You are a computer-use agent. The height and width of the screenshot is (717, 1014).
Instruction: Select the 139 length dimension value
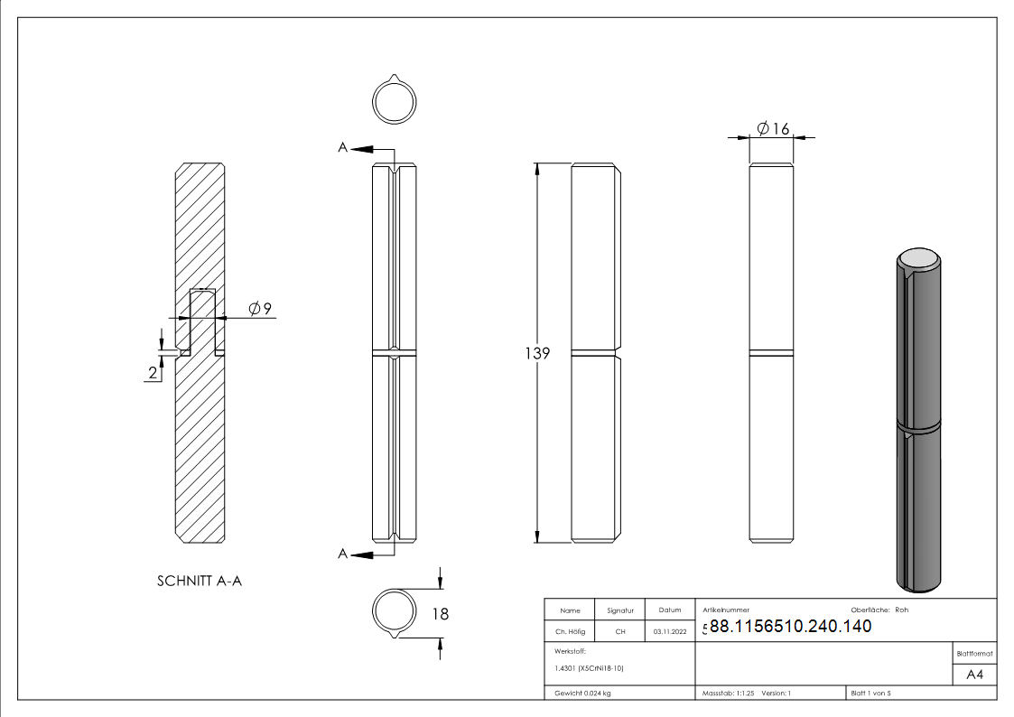coord(537,353)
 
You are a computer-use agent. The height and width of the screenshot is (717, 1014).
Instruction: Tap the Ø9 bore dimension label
coord(260,309)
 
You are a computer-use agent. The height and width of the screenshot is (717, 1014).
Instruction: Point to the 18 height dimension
coord(441,614)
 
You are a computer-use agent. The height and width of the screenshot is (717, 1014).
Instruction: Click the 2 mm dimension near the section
coord(153,371)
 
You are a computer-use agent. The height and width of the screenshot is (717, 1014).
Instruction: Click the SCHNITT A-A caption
coord(200,581)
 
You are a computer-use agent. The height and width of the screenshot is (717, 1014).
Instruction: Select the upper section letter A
coord(343,147)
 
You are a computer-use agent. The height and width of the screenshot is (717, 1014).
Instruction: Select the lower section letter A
coord(343,554)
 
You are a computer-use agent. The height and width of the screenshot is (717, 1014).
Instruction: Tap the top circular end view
coord(395,100)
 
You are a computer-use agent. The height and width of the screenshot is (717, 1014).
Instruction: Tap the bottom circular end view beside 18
coord(394,612)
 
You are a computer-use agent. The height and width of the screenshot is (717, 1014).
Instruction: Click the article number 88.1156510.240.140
coord(790,627)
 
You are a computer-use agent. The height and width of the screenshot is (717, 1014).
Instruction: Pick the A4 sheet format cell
coord(975,675)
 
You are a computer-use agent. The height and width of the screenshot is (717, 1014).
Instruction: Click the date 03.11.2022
coord(669,631)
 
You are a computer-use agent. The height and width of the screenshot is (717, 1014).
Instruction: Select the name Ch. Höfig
coord(570,631)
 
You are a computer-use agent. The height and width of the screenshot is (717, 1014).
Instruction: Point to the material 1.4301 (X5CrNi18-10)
coord(589,668)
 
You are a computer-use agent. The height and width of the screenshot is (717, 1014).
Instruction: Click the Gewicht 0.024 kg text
coord(582,693)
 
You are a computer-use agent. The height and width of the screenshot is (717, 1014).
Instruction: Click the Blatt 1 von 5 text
coord(870,693)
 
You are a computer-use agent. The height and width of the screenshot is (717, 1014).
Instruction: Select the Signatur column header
coord(620,610)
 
